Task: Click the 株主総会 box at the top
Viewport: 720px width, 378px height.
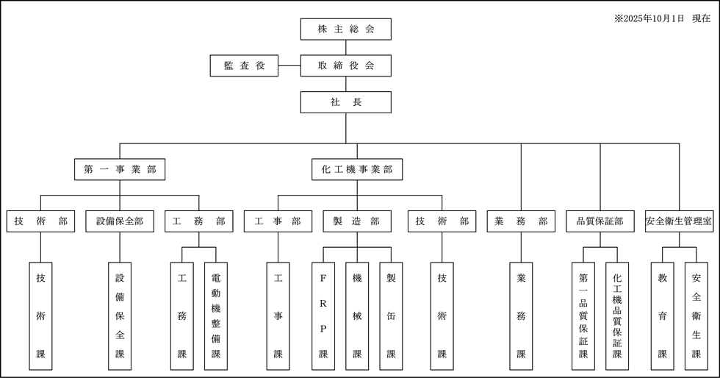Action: [x=345, y=29]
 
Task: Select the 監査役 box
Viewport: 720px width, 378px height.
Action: [x=244, y=65]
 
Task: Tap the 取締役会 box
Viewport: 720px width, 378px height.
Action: [x=345, y=65]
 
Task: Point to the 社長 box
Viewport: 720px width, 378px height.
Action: [x=345, y=101]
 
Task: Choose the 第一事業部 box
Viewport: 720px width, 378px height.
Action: [x=119, y=170]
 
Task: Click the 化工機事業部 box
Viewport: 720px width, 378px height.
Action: [x=357, y=170]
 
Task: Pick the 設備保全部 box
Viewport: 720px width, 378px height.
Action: [x=120, y=221]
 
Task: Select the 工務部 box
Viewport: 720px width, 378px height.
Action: [x=199, y=221]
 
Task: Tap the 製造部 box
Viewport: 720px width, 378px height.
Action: [x=357, y=221]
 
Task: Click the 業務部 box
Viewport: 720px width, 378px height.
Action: [x=521, y=221]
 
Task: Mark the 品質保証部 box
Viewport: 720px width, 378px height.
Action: [x=600, y=221]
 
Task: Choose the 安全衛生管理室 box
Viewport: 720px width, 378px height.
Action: [x=680, y=221]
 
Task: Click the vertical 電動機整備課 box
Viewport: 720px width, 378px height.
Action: [x=216, y=315]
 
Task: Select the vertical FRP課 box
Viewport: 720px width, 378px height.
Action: [x=323, y=315]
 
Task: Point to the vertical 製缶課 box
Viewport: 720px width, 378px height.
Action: [x=391, y=315]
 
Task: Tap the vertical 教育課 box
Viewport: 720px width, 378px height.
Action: [x=663, y=315]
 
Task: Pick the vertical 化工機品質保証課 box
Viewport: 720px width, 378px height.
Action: [x=617, y=315]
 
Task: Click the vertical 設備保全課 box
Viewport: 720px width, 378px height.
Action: [x=120, y=315]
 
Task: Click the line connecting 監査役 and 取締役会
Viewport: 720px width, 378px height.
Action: [x=289, y=65]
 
